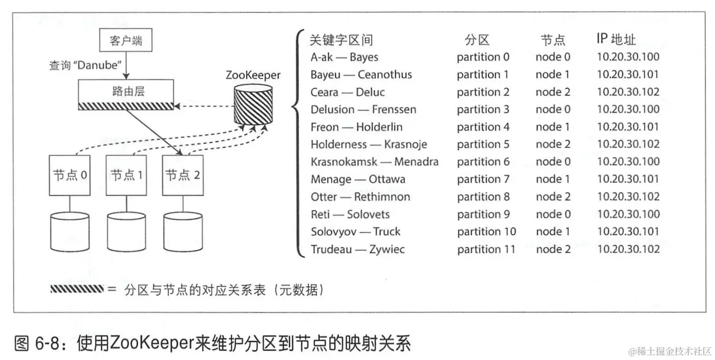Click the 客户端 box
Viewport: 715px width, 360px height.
click(x=126, y=41)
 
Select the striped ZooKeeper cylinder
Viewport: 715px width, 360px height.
click(x=254, y=104)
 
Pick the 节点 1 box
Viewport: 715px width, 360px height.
click(x=126, y=175)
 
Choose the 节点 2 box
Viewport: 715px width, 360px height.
click(x=182, y=175)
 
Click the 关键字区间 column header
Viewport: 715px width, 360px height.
click(x=341, y=40)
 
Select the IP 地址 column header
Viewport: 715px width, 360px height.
click(x=616, y=39)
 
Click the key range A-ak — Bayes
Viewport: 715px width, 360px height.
click(x=344, y=57)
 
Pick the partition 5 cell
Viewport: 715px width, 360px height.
click(x=483, y=145)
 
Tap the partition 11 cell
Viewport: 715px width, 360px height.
click(x=486, y=249)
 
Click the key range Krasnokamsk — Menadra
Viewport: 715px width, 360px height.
click(x=374, y=162)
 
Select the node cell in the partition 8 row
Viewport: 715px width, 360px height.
click(x=553, y=197)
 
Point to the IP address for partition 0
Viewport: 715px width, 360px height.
click(x=628, y=57)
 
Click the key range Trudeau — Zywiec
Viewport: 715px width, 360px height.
click(x=357, y=249)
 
